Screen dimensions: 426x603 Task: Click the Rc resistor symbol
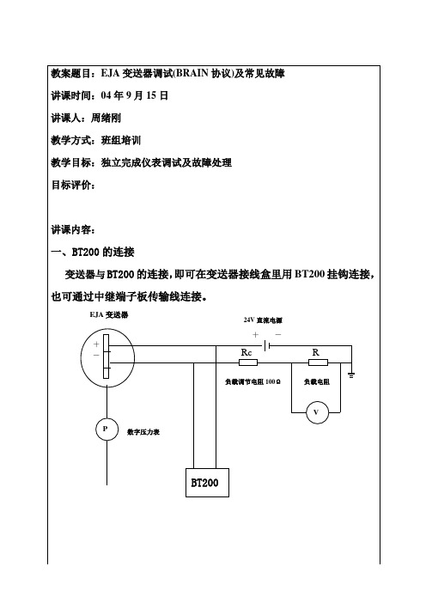point(248,362)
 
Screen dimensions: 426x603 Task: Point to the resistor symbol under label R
point(319,362)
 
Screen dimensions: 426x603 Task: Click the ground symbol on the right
point(351,375)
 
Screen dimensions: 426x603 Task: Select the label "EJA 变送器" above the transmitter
point(109,315)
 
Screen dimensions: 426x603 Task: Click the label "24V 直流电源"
point(263,320)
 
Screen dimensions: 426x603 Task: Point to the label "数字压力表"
point(143,432)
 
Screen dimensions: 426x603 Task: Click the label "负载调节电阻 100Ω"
point(253,382)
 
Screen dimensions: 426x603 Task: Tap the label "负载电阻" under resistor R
point(316,382)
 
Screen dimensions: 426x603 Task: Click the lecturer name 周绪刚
point(106,118)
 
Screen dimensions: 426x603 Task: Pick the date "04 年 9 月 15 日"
point(135,95)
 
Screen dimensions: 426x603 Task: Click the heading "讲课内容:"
point(73,230)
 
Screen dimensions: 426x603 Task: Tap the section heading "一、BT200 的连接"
point(93,253)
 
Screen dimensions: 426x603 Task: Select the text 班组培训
point(121,140)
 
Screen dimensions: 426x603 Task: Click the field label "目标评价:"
point(73,185)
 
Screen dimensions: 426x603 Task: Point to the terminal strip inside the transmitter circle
point(106,356)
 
